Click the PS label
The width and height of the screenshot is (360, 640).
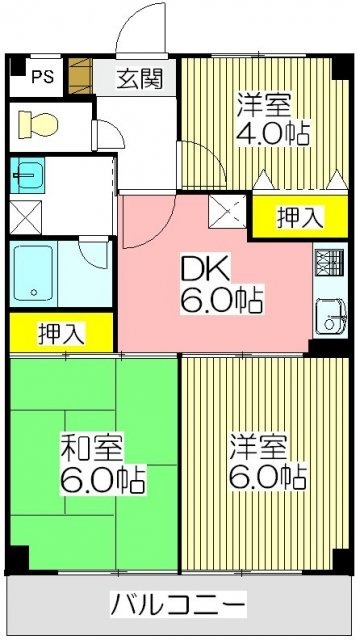41,74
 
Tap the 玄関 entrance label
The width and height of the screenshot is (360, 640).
137,76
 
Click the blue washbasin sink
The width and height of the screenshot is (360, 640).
29,178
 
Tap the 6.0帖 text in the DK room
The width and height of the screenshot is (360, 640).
214,300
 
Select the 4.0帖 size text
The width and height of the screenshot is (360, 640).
272,132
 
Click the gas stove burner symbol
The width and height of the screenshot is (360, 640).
328,263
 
